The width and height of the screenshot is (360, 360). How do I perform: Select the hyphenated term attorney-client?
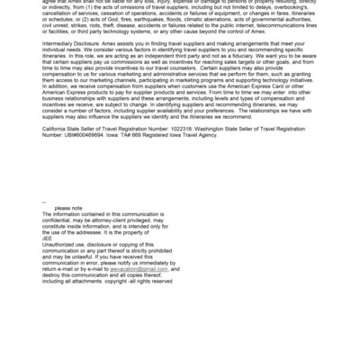pos(113,243)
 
